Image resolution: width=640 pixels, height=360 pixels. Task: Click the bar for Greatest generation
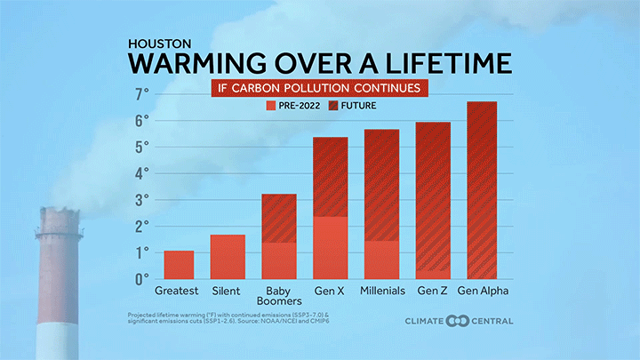(x=179, y=265)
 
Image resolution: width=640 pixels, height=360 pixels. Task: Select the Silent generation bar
(x=228, y=257)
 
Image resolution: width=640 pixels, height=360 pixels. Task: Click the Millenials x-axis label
(x=384, y=291)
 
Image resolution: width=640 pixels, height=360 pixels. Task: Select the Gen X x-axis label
(x=331, y=291)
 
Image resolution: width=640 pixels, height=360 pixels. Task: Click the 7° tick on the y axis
(x=141, y=93)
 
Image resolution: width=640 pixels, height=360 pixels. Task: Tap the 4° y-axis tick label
(x=141, y=173)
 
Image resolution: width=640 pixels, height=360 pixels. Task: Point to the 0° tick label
(x=141, y=279)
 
